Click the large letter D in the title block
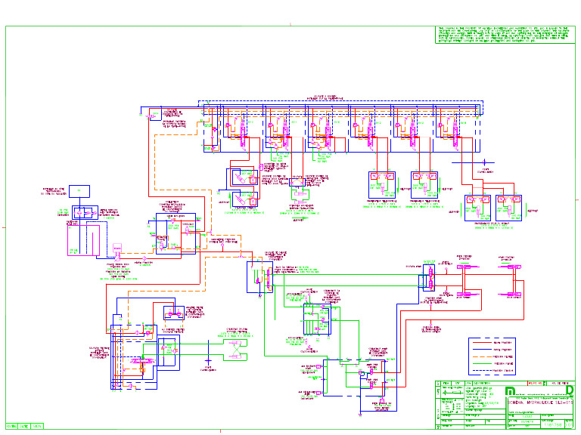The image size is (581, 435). (569, 390)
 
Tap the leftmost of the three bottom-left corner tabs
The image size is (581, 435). (11, 426)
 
